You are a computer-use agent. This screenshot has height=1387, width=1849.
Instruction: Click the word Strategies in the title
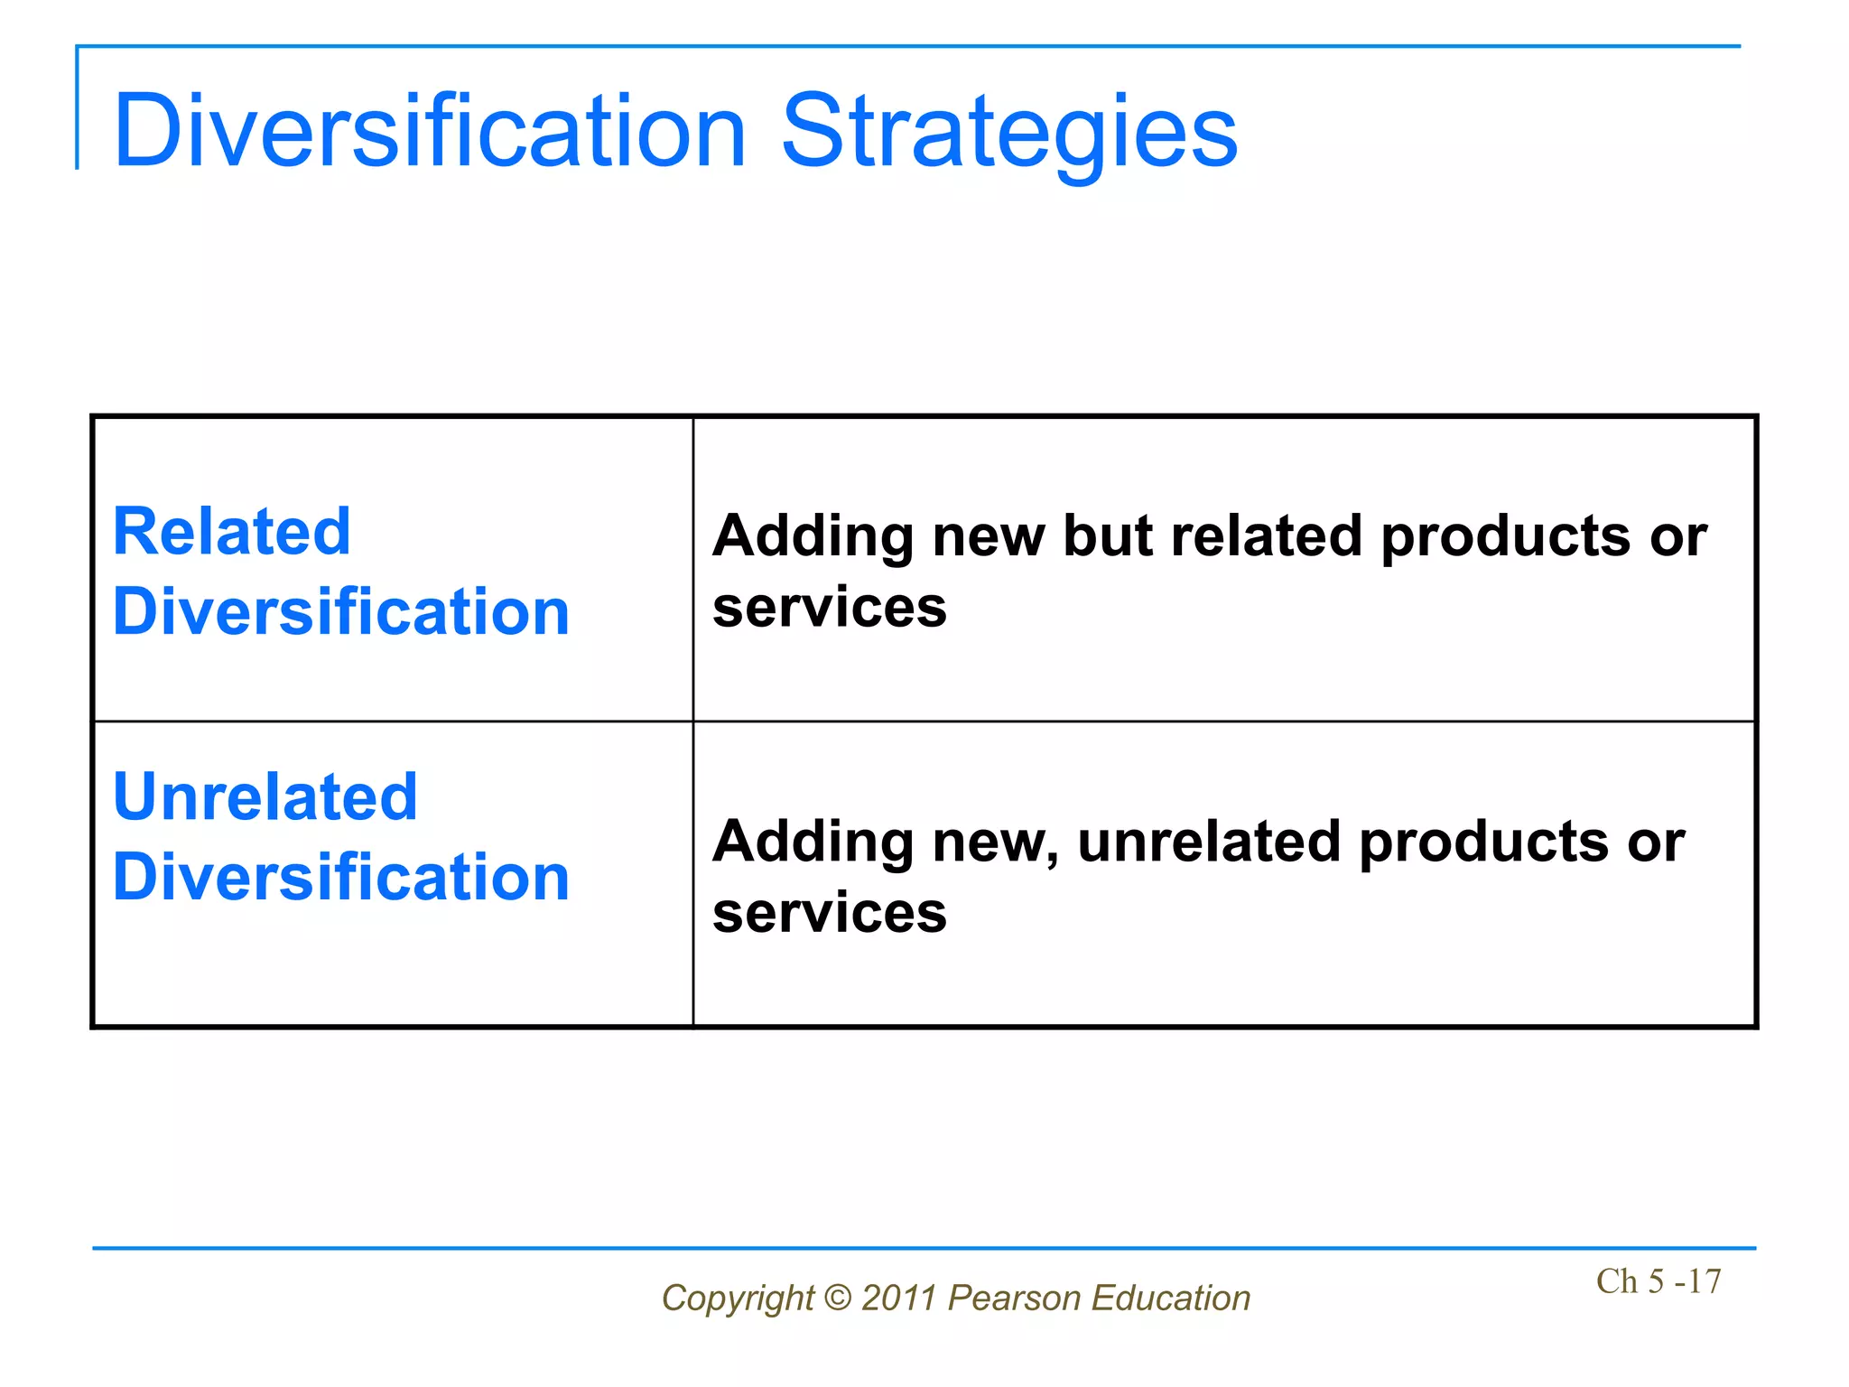click(1008, 133)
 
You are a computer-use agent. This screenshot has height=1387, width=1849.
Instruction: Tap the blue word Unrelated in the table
click(265, 796)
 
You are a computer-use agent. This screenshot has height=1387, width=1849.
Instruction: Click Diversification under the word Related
click(340, 611)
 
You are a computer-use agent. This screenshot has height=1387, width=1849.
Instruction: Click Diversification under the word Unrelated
click(340, 877)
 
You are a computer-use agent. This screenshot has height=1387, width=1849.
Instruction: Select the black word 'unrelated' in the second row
click(1209, 841)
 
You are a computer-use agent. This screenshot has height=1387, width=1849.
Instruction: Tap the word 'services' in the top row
click(829, 607)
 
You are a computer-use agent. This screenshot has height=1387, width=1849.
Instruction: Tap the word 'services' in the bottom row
click(829, 912)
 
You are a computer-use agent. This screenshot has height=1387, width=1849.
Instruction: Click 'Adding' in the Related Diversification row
click(813, 536)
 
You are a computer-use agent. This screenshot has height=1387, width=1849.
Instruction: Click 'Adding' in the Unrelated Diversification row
click(813, 842)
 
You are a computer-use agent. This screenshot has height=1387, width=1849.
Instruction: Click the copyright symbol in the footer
click(838, 1298)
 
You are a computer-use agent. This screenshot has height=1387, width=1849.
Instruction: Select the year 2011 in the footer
click(899, 1298)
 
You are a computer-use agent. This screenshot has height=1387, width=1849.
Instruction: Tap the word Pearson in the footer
click(1014, 1298)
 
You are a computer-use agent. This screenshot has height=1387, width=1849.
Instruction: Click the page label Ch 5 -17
click(1658, 1281)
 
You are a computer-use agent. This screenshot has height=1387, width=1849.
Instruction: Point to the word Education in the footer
click(1171, 1298)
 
